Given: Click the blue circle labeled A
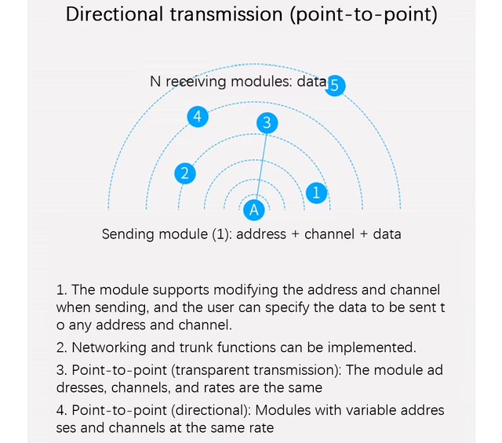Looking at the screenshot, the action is pos(254,210).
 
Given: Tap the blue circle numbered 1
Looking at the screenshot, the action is pos(316,193).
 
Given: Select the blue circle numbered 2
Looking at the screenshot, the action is pos(185,173).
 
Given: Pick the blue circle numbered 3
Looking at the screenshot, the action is pos(267,123).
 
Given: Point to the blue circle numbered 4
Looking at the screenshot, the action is pos(198,116).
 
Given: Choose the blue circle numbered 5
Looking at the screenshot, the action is pos(335,85).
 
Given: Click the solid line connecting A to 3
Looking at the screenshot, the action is pos(261,166).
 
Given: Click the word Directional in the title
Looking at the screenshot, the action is pos(115,15).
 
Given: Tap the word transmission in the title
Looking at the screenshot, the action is pos(226,15).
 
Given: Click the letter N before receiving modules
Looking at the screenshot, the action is pos(155,82).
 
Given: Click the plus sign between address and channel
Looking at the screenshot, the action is pos(295,234).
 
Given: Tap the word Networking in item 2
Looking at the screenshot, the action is pos(109,347).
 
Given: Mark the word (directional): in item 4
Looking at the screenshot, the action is pos(211,410).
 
